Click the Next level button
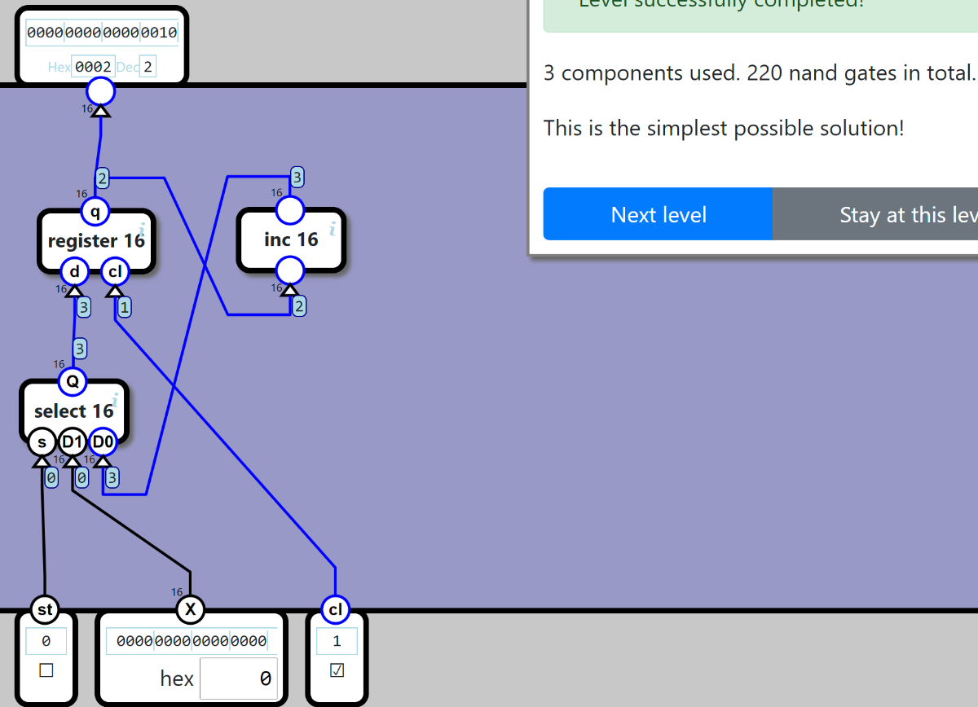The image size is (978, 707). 659,214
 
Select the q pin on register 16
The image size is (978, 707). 95,213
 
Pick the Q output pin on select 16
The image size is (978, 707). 72,380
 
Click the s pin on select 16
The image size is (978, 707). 42,442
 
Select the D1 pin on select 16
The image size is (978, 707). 72,442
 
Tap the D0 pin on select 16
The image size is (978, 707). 103,442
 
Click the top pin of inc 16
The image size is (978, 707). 290,210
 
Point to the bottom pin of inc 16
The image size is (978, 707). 290,270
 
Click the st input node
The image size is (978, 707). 44,609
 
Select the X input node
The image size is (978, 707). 190,609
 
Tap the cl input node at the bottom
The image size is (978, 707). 335,609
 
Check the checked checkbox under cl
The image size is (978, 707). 337,670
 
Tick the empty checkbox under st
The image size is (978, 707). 46,670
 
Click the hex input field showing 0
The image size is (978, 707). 238,678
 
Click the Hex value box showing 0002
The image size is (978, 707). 93,67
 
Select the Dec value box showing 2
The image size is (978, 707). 148,67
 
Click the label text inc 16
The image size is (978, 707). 291,239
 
